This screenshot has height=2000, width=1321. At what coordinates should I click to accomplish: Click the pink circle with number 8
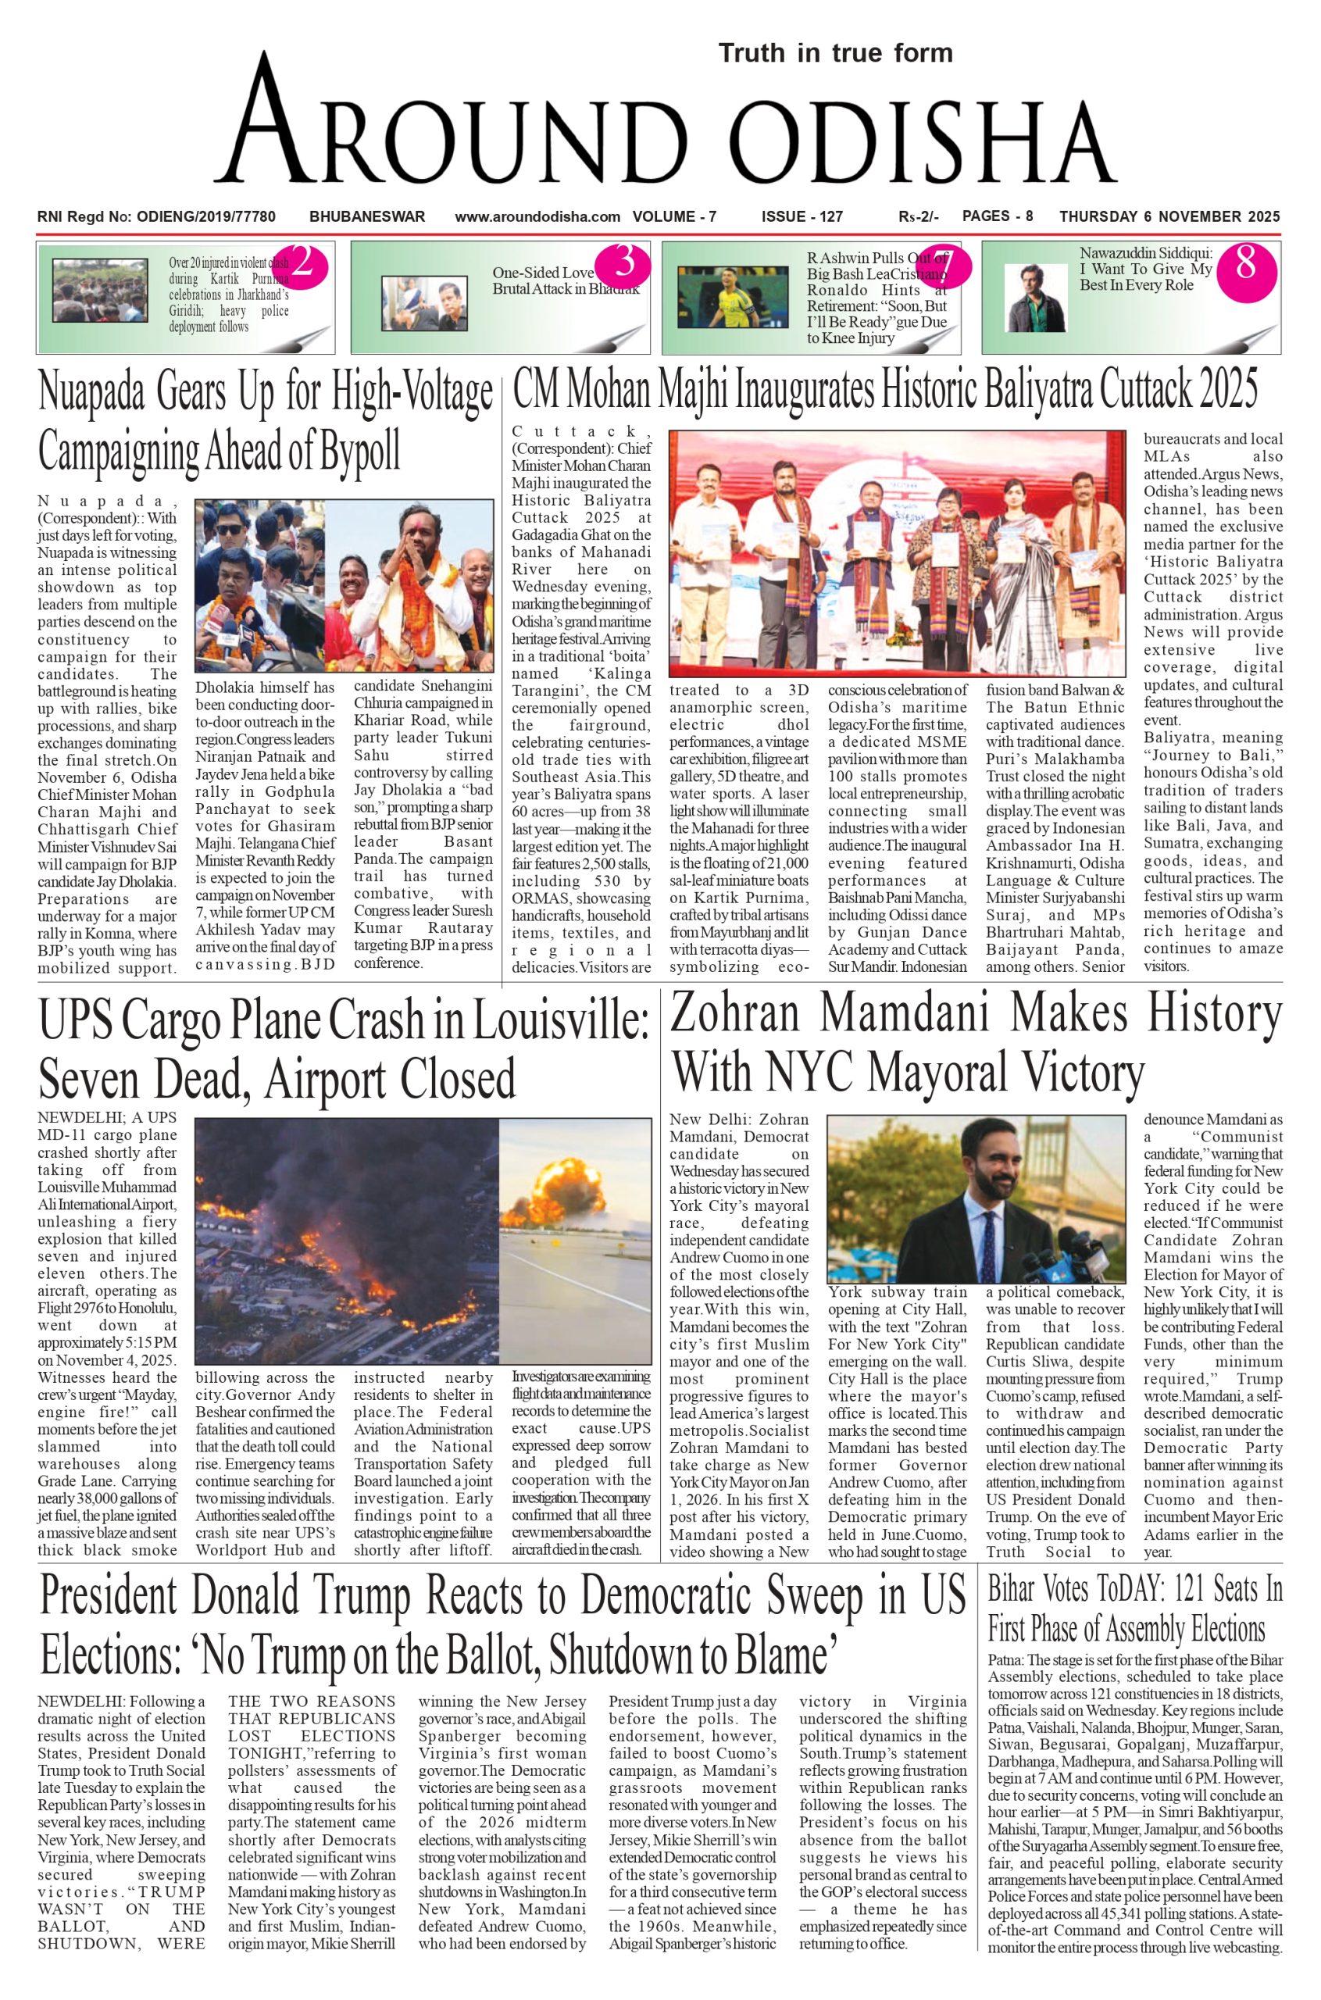[1245, 266]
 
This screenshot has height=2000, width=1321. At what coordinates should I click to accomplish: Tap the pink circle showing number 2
[302, 266]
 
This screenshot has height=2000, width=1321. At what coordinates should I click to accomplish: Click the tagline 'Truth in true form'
[835, 53]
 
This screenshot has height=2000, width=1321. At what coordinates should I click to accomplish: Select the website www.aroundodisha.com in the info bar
[537, 216]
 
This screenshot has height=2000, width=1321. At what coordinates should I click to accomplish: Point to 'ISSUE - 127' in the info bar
[802, 216]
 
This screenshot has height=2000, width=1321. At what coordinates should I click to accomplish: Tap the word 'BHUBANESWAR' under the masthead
[367, 216]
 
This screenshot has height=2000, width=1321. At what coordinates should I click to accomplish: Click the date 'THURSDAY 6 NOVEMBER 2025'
[1169, 216]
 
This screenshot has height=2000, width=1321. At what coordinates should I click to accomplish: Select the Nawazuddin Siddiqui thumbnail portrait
[1036, 298]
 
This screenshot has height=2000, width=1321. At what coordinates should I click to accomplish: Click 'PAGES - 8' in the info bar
[998, 216]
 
